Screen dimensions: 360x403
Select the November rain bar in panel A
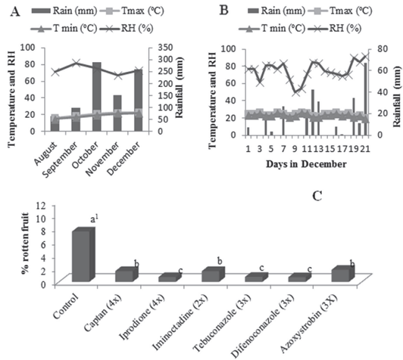(x=117, y=112)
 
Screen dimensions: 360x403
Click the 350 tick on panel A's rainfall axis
(x=159, y=47)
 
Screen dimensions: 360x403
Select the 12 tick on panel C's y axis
(x=61, y=205)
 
